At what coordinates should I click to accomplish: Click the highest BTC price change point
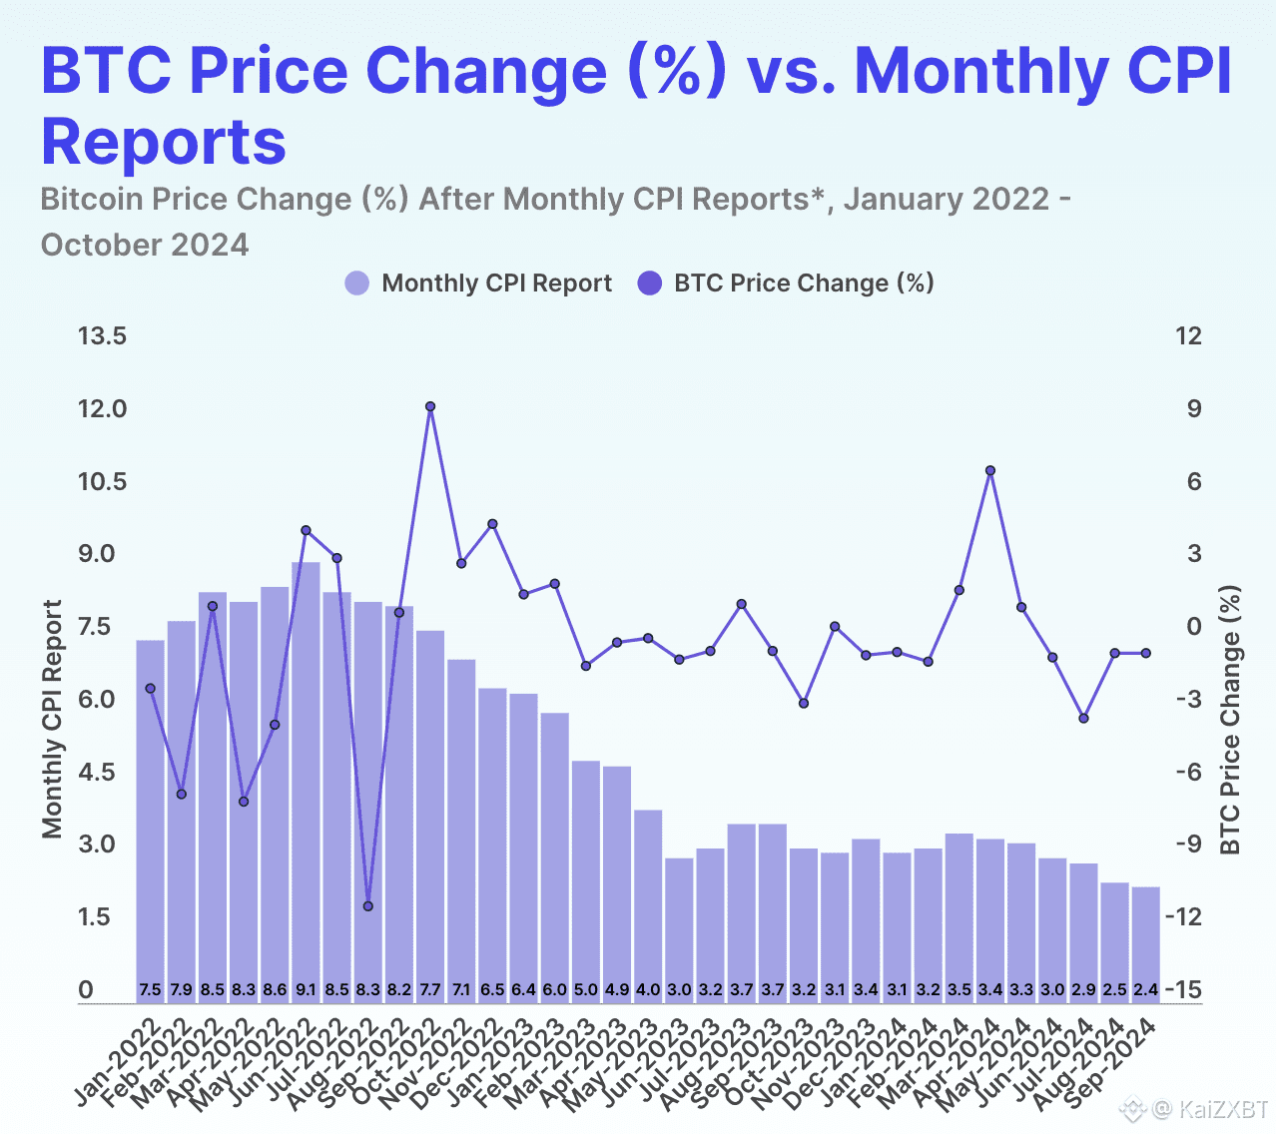click(430, 406)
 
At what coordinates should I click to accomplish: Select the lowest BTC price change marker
click(368, 906)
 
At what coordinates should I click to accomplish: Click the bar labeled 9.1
click(306, 779)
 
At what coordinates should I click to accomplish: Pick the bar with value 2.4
click(1146, 943)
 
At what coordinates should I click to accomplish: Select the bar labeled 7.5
click(150, 819)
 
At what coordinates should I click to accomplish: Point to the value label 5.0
click(586, 990)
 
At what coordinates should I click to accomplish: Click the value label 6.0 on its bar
click(554, 990)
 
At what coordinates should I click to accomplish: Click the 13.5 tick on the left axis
click(103, 336)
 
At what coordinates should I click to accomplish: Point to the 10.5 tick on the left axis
click(103, 481)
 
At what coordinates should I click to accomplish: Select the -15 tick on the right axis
click(1188, 989)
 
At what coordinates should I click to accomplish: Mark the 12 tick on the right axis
click(1188, 336)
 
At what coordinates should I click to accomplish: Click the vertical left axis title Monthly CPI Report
click(53, 719)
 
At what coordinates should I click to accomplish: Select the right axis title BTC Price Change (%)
click(1230, 719)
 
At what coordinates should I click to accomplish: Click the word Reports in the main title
click(164, 141)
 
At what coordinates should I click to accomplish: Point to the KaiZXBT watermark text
click(1223, 1109)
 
